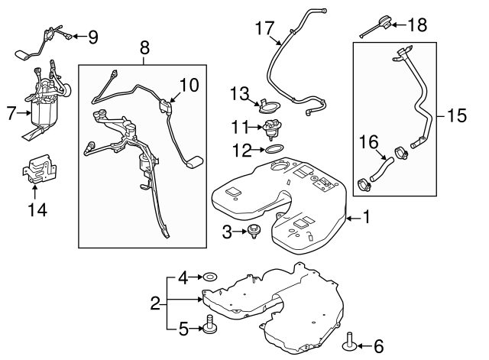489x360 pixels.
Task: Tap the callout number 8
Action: (143, 50)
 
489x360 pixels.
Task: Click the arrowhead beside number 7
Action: (23, 114)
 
